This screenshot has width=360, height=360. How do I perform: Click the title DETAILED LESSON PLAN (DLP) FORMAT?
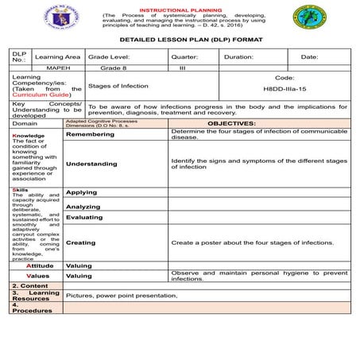(180, 39)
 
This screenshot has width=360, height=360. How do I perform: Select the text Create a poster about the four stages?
(253, 242)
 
